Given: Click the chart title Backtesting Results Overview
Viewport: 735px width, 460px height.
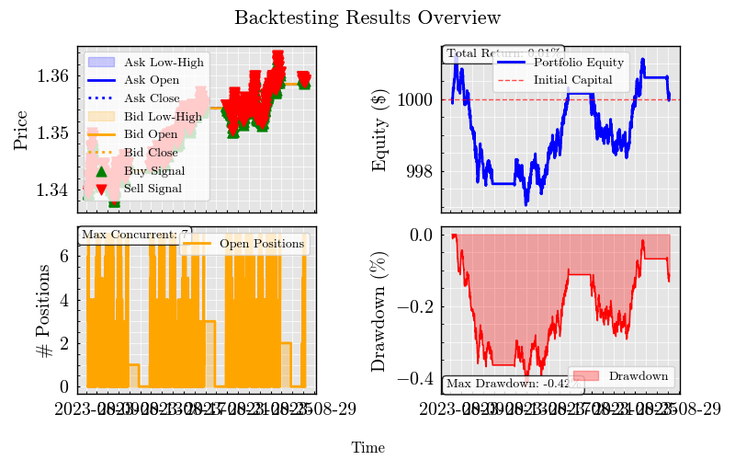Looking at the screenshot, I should click(x=367, y=18).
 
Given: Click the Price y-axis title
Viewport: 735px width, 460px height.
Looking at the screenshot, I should click(x=21, y=131).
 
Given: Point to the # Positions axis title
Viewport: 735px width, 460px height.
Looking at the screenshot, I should click(x=21, y=309).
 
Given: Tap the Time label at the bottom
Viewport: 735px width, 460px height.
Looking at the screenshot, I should click(x=367, y=448).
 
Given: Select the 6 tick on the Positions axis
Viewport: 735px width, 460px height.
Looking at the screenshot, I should click(x=63, y=257).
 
